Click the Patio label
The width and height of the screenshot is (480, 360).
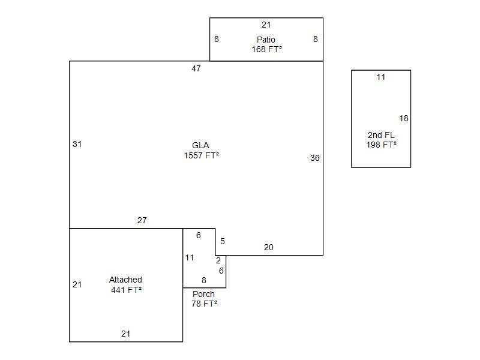click(266, 40)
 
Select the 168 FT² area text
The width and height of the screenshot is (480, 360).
click(266, 49)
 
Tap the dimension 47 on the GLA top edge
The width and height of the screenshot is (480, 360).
click(196, 68)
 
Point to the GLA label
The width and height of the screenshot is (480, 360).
click(200, 145)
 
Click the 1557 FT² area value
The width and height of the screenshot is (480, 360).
click(202, 155)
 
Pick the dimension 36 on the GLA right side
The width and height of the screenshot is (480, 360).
click(314, 158)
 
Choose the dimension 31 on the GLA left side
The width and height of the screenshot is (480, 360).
click(77, 144)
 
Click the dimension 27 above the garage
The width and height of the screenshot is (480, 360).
click(142, 220)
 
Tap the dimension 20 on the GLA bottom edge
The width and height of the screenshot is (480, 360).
click(268, 247)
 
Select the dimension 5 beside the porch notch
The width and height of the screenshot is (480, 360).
click(223, 242)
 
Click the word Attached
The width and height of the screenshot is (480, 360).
click(125, 280)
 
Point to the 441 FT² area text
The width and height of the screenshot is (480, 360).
click(126, 290)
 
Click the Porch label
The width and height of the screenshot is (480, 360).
click(203, 294)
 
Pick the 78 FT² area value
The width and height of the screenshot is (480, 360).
click(204, 304)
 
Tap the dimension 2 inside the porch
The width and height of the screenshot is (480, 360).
click(218, 260)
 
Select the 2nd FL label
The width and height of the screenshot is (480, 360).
click(381, 135)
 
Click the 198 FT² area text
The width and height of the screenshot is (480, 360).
click(382, 145)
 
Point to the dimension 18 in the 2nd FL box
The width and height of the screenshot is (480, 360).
click(404, 118)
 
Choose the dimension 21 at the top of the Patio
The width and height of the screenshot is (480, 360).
click(266, 25)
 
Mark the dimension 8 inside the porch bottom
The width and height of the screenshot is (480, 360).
click(204, 280)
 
